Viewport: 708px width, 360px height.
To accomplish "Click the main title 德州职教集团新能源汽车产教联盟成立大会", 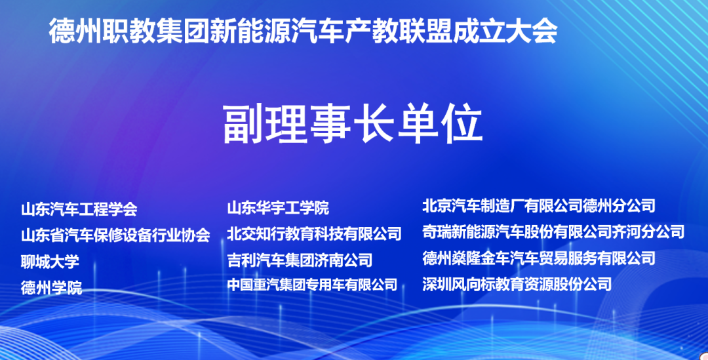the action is point(303,31).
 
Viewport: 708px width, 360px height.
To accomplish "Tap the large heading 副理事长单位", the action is point(353,124).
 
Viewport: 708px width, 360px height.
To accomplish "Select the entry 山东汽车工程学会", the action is point(79,209).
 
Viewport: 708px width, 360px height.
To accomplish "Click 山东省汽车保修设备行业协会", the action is point(115,235).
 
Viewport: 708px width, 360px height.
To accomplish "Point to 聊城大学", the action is point(50,261).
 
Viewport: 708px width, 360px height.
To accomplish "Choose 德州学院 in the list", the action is point(52,287).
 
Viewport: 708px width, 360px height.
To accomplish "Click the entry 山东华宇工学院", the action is point(278,208).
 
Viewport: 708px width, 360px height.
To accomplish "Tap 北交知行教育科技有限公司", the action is point(314,233).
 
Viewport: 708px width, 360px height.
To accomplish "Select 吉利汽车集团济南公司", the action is point(300,260).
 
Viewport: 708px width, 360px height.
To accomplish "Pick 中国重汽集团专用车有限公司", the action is point(312,285).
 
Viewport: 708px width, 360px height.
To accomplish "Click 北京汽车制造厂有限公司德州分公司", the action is point(539,206).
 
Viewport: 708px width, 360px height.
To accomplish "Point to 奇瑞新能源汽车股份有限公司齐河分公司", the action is point(553,231).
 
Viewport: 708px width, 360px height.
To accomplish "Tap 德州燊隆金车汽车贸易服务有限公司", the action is point(539,258).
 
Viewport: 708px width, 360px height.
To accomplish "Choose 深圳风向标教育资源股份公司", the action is point(517,284).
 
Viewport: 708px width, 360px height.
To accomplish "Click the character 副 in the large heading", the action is point(243,124).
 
